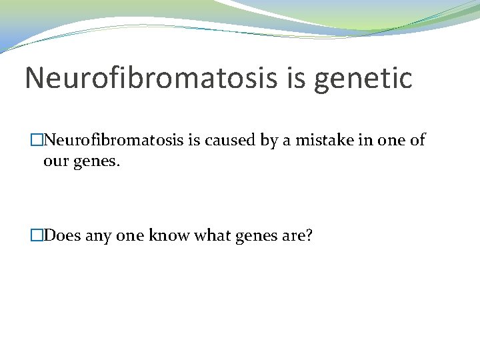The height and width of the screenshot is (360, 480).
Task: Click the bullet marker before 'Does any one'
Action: click(x=37, y=235)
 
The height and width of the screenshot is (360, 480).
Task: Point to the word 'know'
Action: click(x=169, y=235)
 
